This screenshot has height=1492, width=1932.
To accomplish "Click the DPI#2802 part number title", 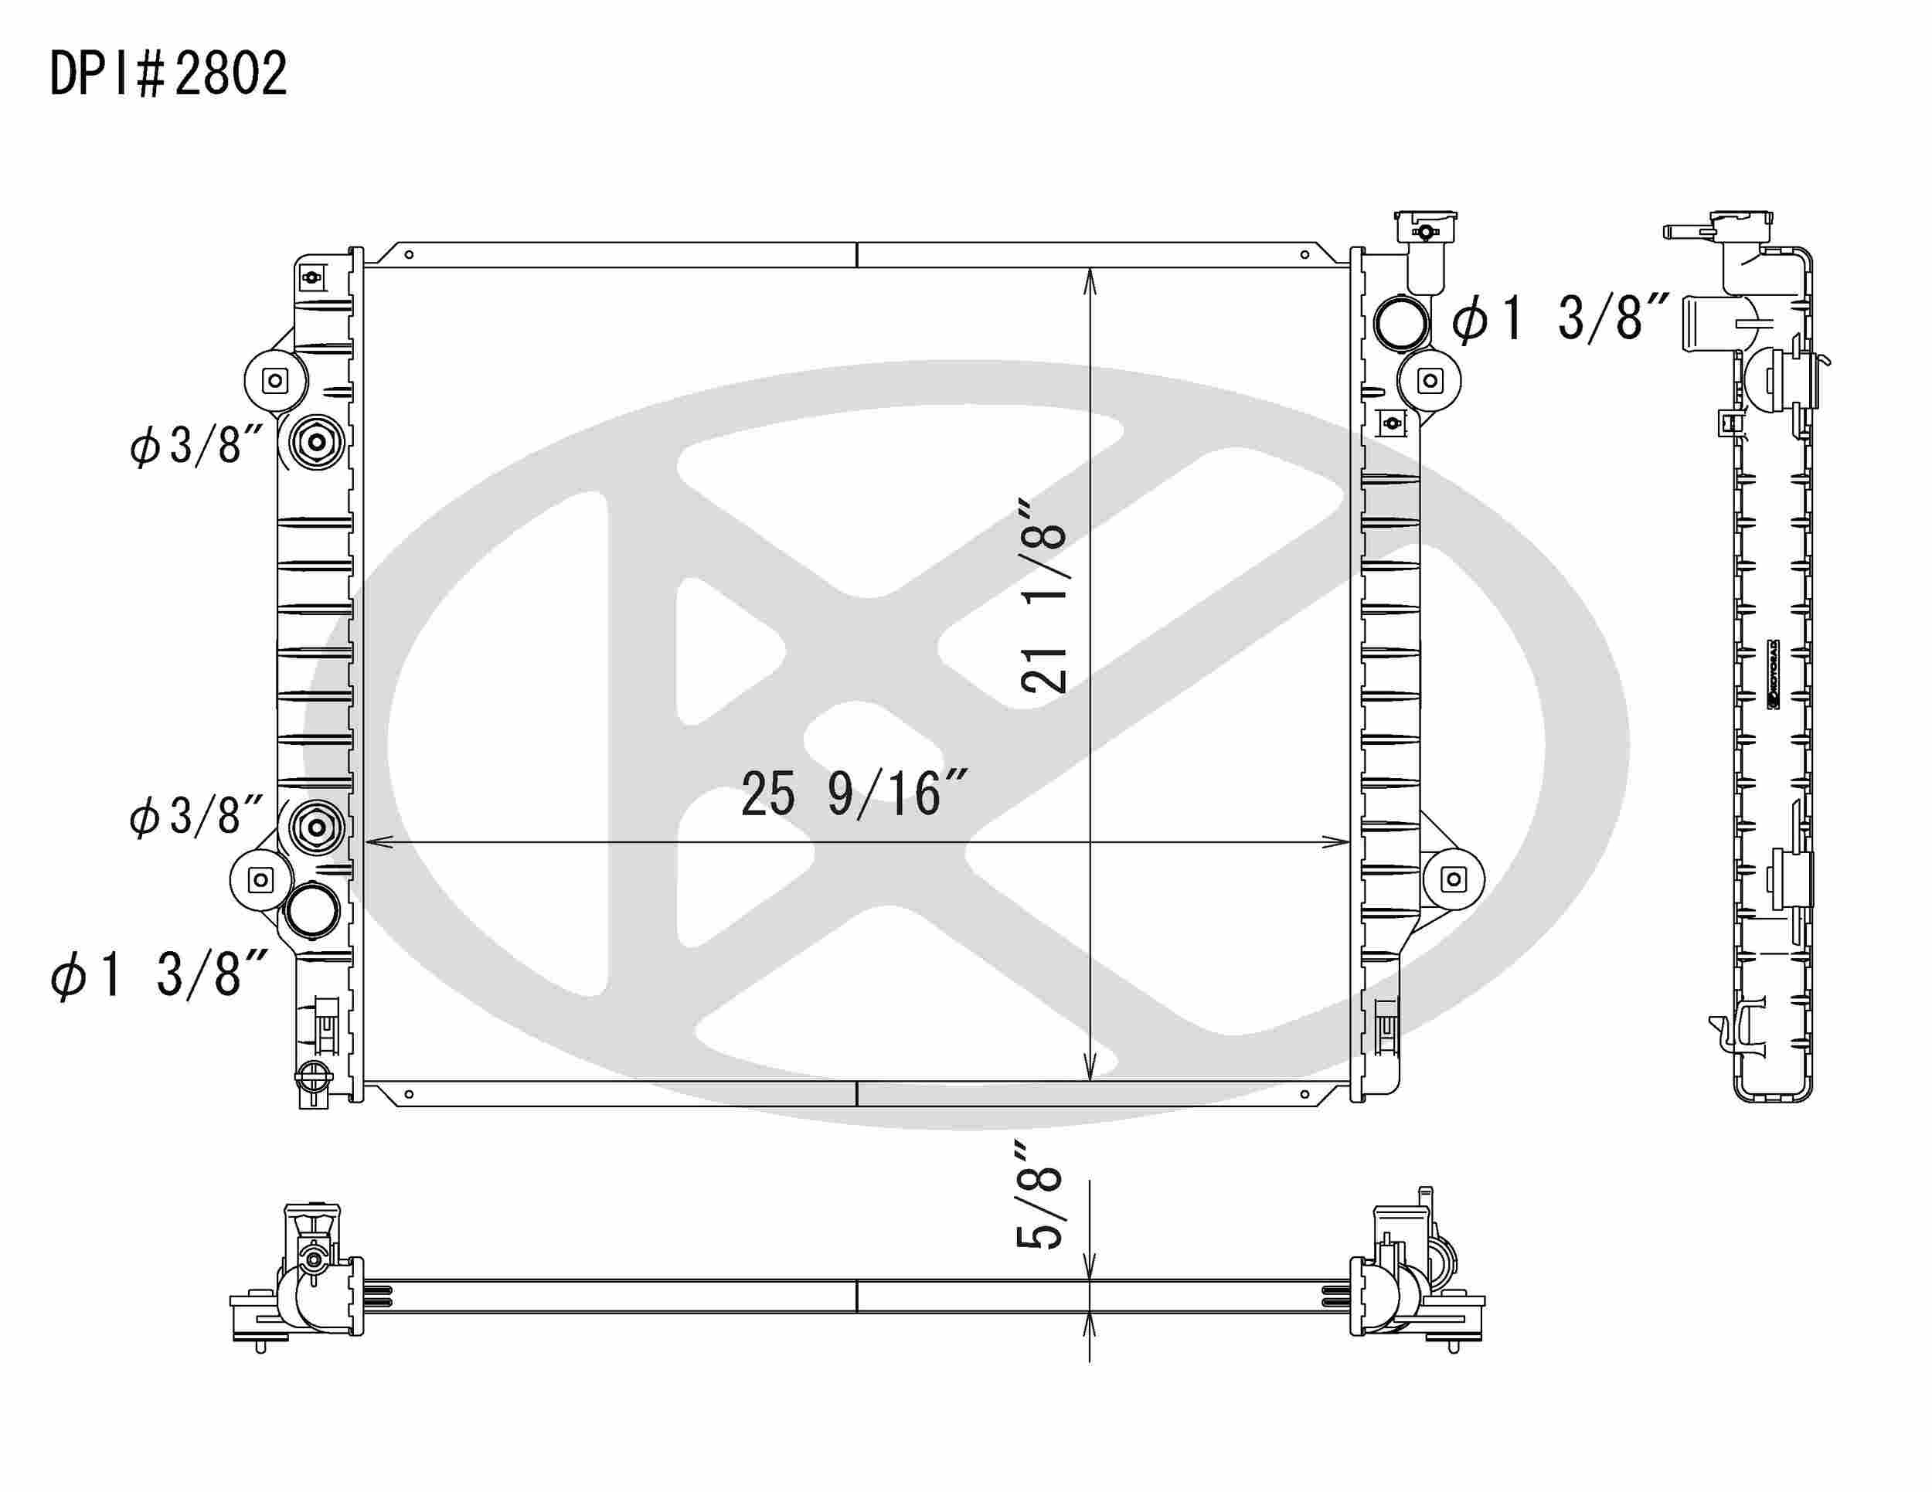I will click(x=168, y=73).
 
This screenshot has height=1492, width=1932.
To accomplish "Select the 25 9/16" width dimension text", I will click(x=855, y=794).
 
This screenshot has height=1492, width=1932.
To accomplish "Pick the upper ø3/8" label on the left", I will click(x=196, y=445).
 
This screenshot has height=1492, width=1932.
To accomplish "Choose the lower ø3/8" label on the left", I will click(x=196, y=815).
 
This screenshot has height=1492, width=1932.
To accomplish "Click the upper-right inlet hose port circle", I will click(x=1402, y=323).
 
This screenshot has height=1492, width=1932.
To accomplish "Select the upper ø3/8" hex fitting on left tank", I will click(x=317, y=441).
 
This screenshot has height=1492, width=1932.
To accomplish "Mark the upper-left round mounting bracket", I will click(x=275, y=381).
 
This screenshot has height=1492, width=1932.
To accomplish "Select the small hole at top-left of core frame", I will click(x=409, y=256).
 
